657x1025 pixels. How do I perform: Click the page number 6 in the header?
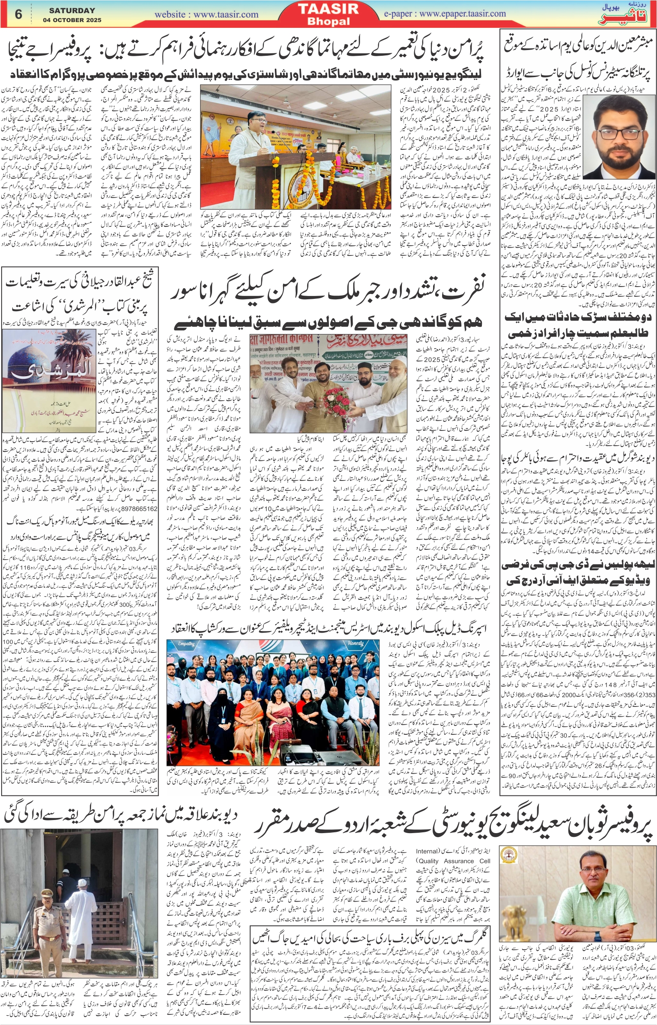pyautogui.click(x=18, y=14)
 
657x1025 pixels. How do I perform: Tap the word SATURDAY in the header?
pyautogui.click(x=72, y=10)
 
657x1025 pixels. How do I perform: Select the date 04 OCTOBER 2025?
pyautogui.click(x=72, y=20)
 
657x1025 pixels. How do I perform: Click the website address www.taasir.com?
pyautogui.click(x=206, y=14)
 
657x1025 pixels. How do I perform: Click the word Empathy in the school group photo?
pyautogui.click(x=187, y=643)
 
